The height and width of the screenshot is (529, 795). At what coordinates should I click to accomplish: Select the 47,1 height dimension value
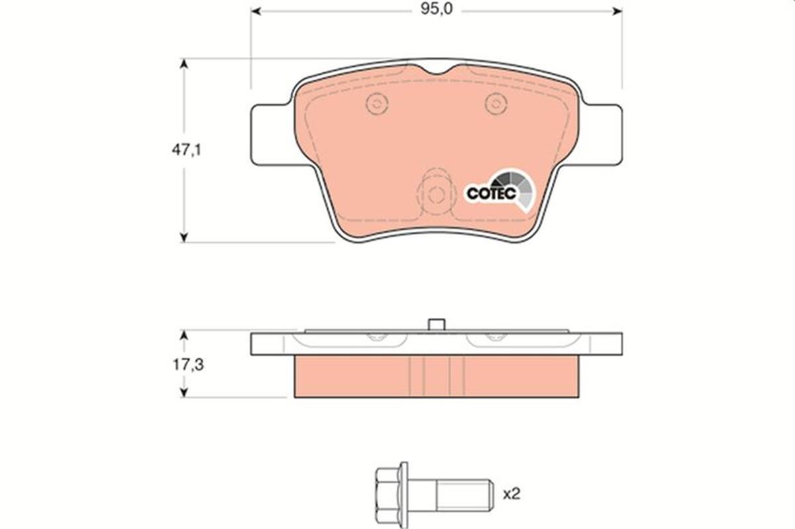pyautogui.click(x=186, y=150)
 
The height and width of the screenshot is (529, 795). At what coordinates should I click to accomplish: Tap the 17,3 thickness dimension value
pyautogui.click(x=186, y=364)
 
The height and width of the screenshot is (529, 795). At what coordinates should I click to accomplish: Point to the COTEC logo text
pyautogui.click(x=491, y=193)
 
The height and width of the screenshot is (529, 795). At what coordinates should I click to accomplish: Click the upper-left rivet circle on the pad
pyautogui.click(x=376, y=103)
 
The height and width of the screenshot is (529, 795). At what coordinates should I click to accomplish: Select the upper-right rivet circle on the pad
pyautogui.click(x=496, y=103)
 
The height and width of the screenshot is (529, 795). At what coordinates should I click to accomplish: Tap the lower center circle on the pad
pyautogui.click(x=435, y=195)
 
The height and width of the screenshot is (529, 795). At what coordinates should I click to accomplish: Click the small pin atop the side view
pyautogui.click(x=435, y=324)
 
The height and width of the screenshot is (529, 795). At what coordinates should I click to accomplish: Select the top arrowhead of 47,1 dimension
pyautogui.click(x=184, y=64)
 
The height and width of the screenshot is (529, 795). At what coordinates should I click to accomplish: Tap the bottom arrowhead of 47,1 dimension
pyautogui.click(x=184, y=237)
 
